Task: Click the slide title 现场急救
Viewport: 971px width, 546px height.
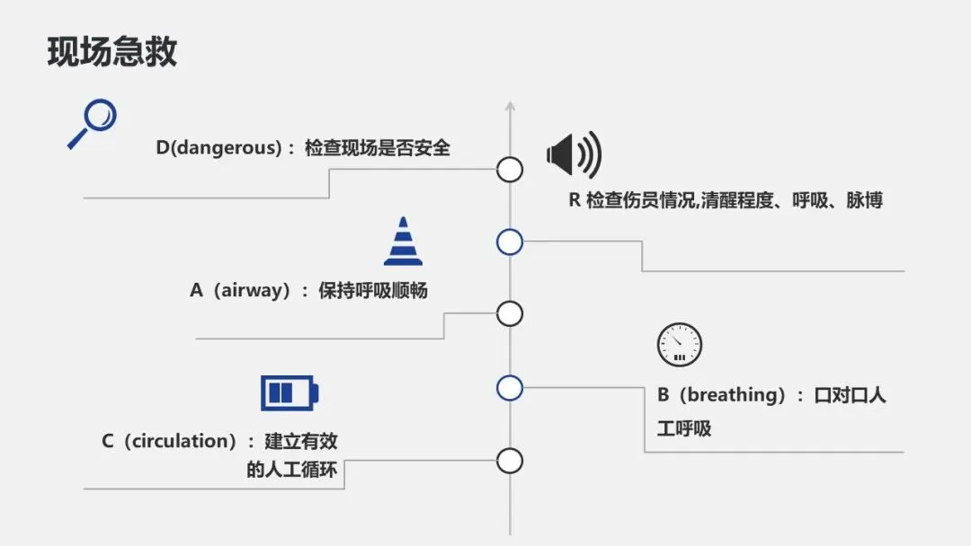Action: pyautogui.click(x=112, y=52)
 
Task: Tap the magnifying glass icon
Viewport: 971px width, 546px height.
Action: pyautogui.click(x=93, y=123)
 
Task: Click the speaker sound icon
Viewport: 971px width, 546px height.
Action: pyautogui.click(x=574, y=154)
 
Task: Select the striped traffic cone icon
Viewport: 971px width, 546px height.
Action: pyautogui.click(x=403, y=242)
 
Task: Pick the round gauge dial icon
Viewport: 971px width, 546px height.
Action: pyautogui.click(x=679, y=345)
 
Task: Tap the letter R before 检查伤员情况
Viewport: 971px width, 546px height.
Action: pyautogui.click(x=574, y=200)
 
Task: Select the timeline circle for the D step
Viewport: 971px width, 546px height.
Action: pyautogui.click(x=510, y=169)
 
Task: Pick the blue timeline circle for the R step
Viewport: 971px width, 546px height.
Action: pyautogui.click(x=510, y=242)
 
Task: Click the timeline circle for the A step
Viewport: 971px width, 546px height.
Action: pyautogui.click(x=510, y=313)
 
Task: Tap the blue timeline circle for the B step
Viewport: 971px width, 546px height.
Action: pyautogui.click(x=510, y=388)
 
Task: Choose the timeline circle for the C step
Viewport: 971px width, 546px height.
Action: pyautogui.click(x=510, y=461)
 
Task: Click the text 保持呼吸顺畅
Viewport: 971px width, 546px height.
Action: pyautogui.click(x=372, y=291)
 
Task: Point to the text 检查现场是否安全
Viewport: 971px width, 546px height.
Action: pyautogui.click(x=378, y=148)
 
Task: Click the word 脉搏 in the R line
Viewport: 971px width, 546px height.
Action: pyautogui.click(x=864, y=200)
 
